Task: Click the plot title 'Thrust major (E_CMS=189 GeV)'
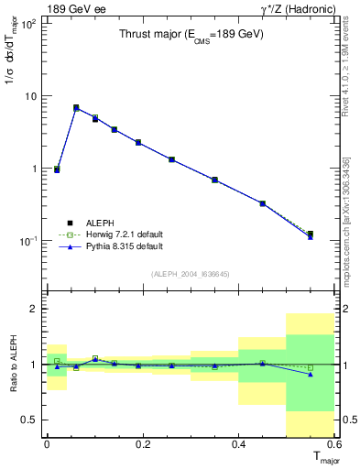click(191, 35)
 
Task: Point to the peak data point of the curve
click(76, 108)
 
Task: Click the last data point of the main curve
click(311, 235)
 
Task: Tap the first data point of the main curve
click(57, 169)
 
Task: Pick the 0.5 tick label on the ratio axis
click(29, 420)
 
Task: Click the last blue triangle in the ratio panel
click(311, 374)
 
